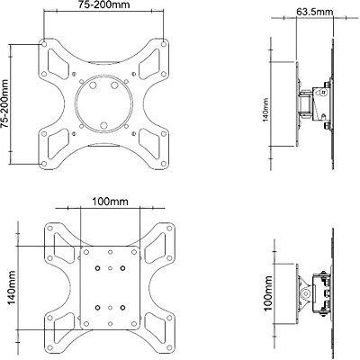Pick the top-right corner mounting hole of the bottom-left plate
[x=162, y=224]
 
